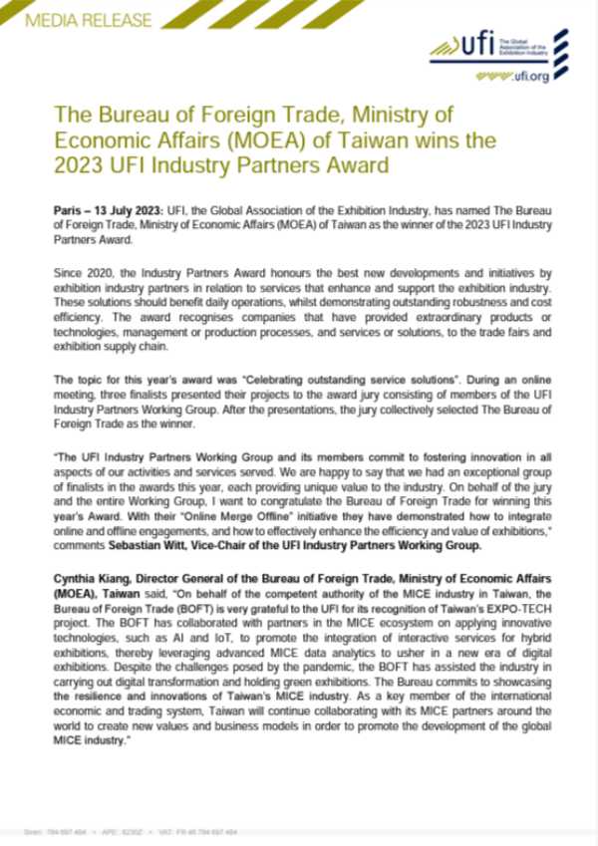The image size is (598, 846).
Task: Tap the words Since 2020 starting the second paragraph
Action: tap(81, 270)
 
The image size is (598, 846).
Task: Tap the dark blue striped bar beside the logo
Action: tap(560, 45)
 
